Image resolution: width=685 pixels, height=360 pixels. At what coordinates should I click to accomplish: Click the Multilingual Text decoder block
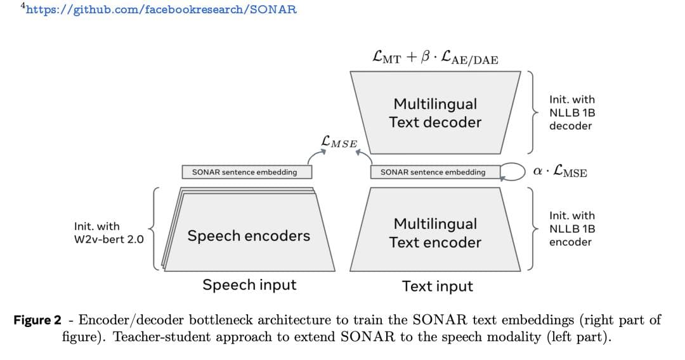pyautogui.click(x=435, y=113)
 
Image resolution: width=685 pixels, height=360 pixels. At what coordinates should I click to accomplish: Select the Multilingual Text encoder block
pyautogui.click(x=435, y=233)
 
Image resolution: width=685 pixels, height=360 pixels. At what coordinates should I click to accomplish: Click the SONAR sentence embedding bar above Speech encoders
pyautogui.click(x=244, y=172)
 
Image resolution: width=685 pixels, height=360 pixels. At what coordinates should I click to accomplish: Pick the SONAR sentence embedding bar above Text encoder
pyautogui.click(x=433, y=172)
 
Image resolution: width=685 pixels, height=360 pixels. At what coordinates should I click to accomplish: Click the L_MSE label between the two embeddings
pyautogui.click(x=339, y=142)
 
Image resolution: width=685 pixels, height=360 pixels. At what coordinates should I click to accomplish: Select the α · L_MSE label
pyautogui.click(x=560, y=171)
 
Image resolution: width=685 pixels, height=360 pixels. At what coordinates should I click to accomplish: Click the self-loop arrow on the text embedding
pyautogui.click(x=512, y=171)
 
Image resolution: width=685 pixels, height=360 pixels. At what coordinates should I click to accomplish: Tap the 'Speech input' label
pyautogui.click(x=249, y=285)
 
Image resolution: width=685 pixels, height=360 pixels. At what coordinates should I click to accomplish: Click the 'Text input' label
pyautogui.click(x=437, y=286)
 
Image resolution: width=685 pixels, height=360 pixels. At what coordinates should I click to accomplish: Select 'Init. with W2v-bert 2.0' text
pyautogui.click(x=108, y=233)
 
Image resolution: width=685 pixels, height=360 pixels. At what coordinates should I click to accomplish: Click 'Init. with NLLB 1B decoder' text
pyautogui.click(x=571, y=113)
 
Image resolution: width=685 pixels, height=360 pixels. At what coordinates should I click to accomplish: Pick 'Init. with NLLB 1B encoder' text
pyautogui.click(x=571, y=229)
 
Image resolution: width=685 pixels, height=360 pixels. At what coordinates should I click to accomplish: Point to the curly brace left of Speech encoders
pyautogui.click(x=154, y=229)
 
